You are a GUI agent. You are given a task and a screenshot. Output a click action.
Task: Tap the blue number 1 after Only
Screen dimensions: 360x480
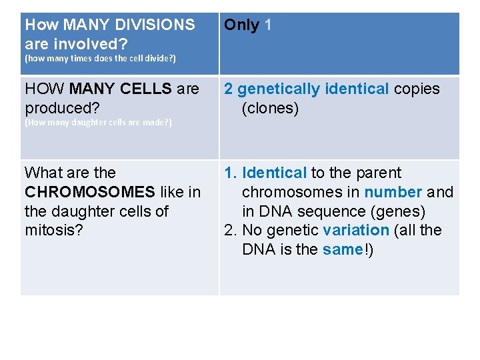[x=268, y=25]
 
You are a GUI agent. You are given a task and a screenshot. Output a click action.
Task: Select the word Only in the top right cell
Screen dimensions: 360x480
[x=241, y=25]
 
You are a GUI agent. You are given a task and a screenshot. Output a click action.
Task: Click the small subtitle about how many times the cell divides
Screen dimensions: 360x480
[x=100, y=59]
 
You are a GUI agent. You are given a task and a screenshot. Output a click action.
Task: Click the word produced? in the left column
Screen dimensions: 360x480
[x=57, y=108]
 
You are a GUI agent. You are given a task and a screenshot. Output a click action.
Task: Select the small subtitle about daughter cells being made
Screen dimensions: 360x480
[x=98, y=123]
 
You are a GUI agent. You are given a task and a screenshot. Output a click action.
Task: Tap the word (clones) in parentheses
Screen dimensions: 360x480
[x=270, y=108]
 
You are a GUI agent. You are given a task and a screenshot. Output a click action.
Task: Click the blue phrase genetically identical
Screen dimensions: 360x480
[x=313, y=89]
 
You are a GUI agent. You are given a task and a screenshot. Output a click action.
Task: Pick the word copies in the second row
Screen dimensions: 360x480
[x=417, y=89]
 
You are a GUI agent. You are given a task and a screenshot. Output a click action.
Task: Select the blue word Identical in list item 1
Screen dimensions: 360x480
[x=274, y=173]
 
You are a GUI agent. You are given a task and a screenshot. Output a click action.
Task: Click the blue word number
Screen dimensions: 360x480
[x=393, y=192]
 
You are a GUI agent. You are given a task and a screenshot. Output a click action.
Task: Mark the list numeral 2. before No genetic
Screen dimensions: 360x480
[x=230, y=230]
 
